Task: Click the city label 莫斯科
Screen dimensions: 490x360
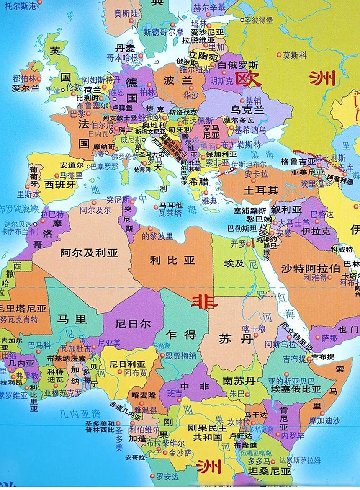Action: click(295, 56)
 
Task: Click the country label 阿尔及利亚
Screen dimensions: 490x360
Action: click(89, 252)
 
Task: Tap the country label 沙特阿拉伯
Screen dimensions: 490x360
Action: click(311, 268)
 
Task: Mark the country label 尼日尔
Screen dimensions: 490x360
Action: click(133, 324)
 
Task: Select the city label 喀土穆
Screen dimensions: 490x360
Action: click(254, 328)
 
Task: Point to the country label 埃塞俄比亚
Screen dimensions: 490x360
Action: click(296, 389)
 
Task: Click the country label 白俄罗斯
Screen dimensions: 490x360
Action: click(238, 65)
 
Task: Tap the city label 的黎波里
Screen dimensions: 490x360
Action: click(157, 236)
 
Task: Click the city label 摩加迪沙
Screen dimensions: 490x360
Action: click(324, 420)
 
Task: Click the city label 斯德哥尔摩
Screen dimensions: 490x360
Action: click(164, 33)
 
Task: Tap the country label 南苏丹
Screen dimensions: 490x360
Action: click(239, 381)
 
